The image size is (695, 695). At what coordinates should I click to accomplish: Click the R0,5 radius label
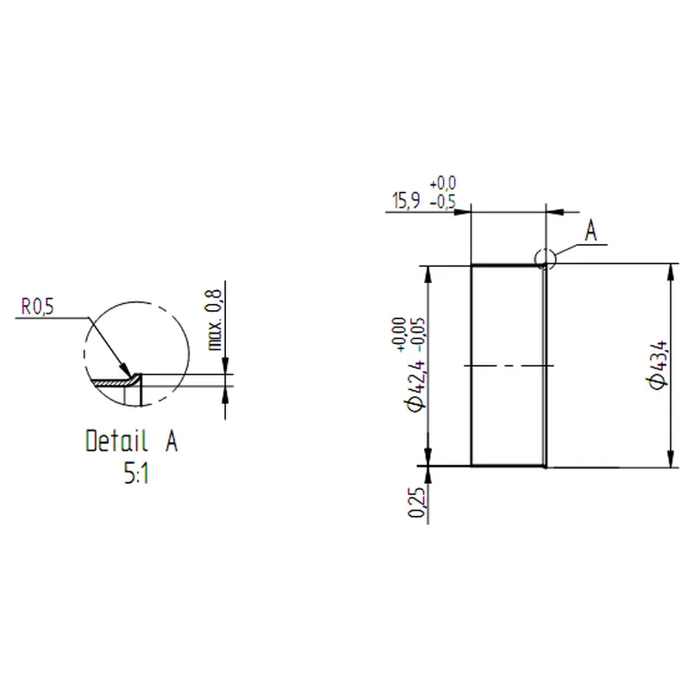click(37, 307)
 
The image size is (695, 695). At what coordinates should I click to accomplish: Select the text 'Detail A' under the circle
click(131, 441)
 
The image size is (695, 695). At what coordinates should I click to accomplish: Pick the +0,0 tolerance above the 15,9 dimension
click(443, 183)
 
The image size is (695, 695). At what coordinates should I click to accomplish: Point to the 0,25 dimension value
click(417, 503)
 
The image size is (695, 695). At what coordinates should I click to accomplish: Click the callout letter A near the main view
click(590, 232)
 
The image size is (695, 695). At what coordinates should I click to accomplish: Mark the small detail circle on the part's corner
click(544, 258)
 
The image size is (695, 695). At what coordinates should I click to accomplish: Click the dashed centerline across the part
click(508, 366)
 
